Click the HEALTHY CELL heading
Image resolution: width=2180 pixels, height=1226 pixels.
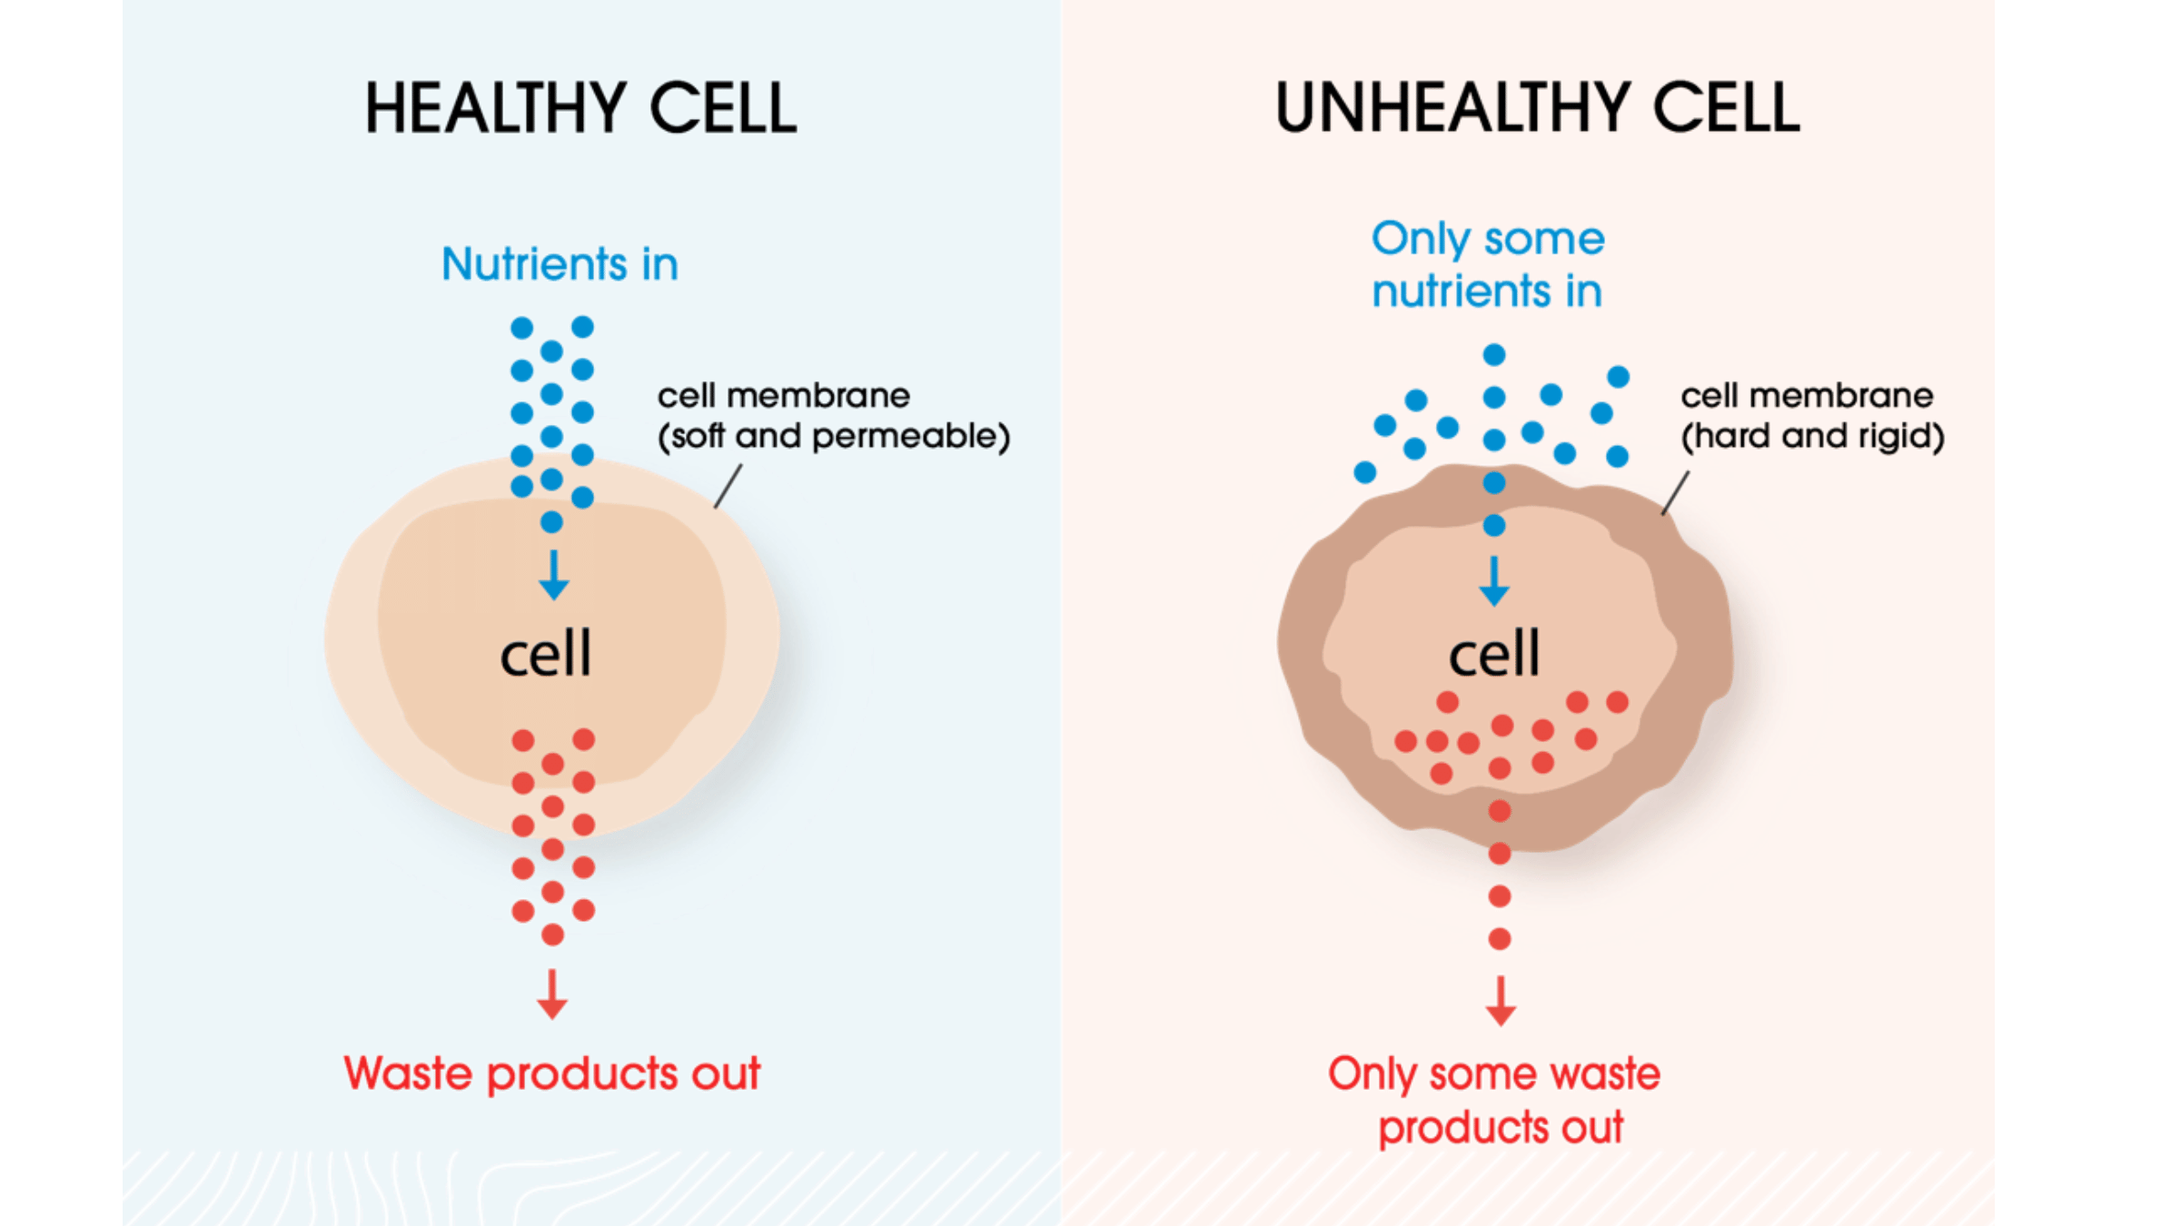click(x=581, y=108)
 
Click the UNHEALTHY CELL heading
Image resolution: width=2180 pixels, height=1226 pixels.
click(x=1538, y=108)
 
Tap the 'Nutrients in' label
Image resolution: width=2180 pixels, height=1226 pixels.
click(x=560, y=264)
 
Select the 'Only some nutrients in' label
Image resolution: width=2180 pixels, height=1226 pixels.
click(x=1488, y=264)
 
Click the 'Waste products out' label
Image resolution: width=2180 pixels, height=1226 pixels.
click(x=552, y=1073)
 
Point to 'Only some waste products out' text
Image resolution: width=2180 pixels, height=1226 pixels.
click(x=1495, y=1101)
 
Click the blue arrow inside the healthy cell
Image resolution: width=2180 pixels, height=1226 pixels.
click(x=553, y=575)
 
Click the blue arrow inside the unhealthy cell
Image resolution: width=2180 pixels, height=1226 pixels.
click(x=1494, y=581)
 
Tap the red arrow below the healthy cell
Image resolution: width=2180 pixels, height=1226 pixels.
click(x=551, y=994)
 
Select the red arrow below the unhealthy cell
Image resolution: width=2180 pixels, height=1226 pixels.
click(x=1501, y=1001)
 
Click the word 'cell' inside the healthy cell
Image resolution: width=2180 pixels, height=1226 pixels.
click(x=546, y=653)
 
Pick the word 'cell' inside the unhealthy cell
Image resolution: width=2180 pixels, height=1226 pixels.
click(x=1494, y=653)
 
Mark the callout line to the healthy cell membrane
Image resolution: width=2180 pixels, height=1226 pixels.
click(x=728, y=487)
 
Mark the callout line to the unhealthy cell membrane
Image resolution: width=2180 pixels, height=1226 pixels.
click(x=1676, y=493)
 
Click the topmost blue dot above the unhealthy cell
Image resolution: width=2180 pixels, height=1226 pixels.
click(x=1494, y=354)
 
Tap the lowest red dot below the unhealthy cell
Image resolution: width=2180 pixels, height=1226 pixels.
click(x=1500, y=938)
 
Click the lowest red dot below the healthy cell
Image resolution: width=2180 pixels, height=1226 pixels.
click(x=552, y=934)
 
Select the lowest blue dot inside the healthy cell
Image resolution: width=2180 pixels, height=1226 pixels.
click(x=551, y=522)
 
